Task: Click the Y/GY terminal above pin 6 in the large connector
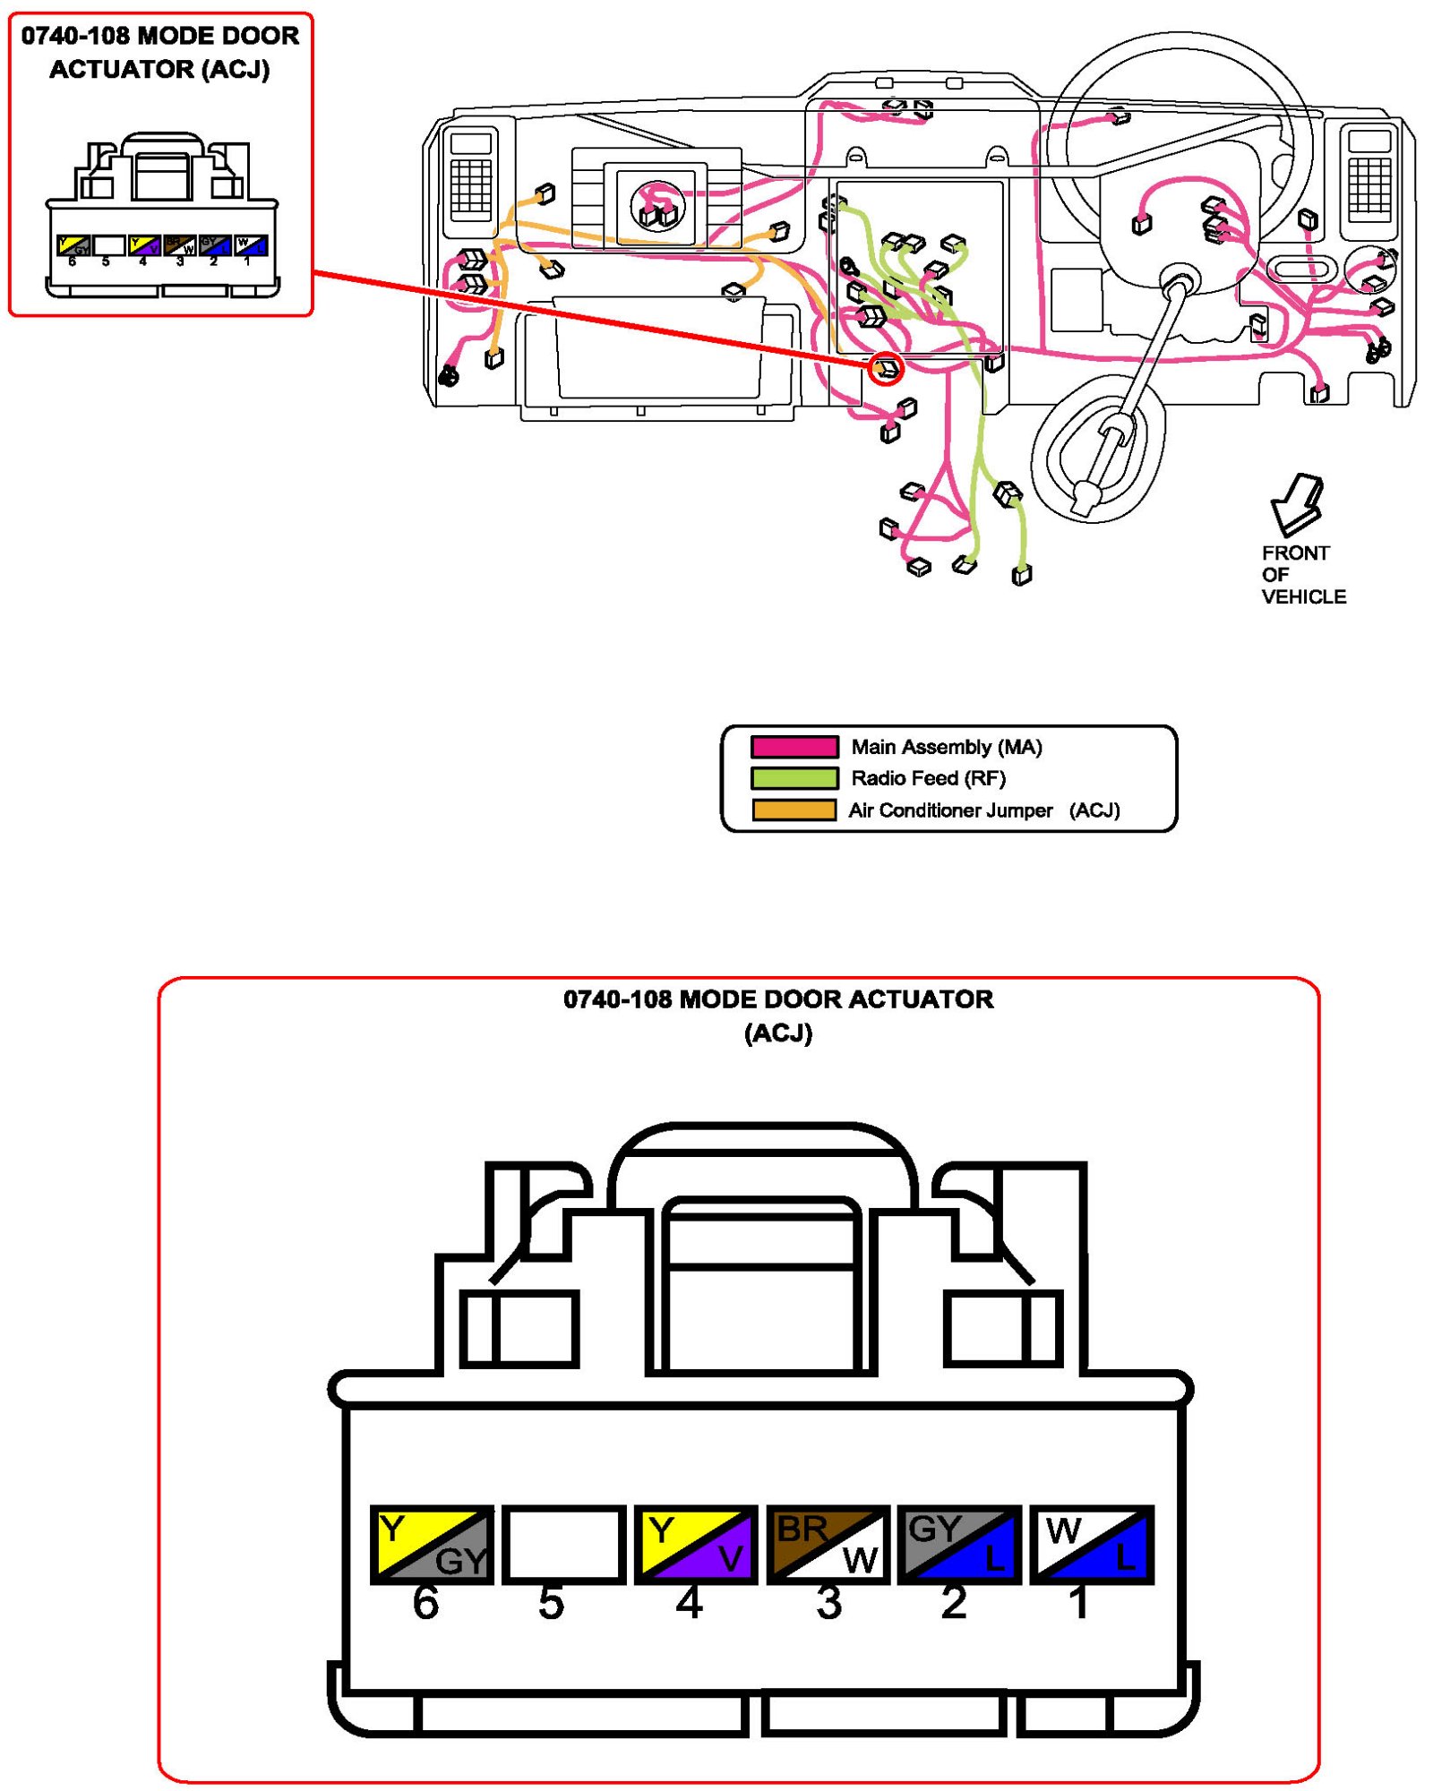coord(432,1544)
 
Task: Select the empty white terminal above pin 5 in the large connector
coord(563,1544)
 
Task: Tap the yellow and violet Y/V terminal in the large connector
coord(695,1544)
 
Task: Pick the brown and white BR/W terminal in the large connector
coord(828,1544)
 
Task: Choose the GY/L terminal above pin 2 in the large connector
coord(959,1544)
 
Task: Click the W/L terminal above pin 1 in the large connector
coord(1091,1544)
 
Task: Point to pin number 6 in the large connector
coord(425,1604)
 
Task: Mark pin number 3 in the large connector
coord(828,1604)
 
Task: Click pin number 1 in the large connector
coord(1079,1604)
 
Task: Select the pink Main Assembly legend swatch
coord(794,747)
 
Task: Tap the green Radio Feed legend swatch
coord(794,778)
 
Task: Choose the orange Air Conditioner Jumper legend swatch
coord(794,810)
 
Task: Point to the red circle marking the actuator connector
coord(885,368)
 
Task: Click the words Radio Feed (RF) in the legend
coord(928,778)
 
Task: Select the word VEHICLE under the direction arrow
coord(1303,597)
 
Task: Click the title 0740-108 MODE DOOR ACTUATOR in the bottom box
coord(777,999)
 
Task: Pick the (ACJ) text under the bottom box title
coord(777,1033)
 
